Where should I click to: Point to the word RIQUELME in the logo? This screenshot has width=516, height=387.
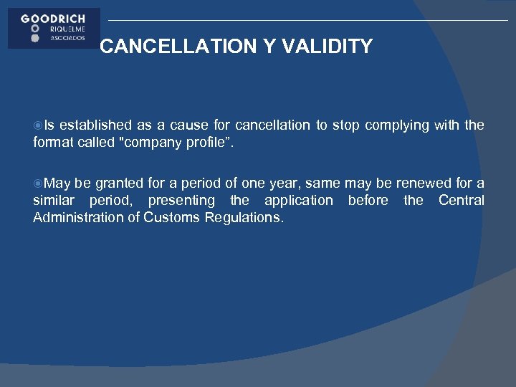tap(69, 29)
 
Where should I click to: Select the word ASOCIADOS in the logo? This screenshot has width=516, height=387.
tap(69, 39)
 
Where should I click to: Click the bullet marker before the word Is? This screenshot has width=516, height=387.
tap(38, 125)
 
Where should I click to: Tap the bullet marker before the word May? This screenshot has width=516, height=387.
tap(38, 183)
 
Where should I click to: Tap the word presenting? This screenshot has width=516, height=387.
tap(181, 201)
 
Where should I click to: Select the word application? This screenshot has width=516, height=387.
tap(299, 201)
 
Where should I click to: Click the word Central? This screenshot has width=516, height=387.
tap(461, 201)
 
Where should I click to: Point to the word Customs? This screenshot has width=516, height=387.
tap(171, 218)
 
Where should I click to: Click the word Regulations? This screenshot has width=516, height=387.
tap(244, 218)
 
